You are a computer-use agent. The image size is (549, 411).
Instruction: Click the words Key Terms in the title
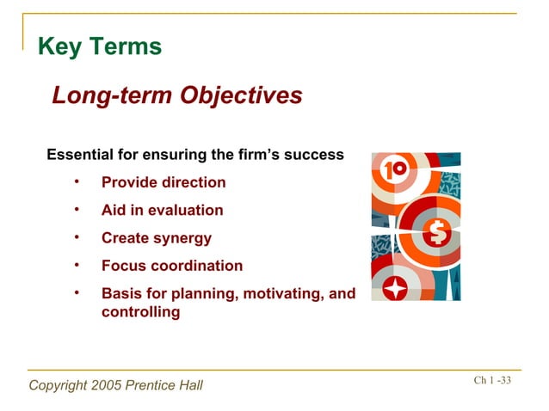(99, 47)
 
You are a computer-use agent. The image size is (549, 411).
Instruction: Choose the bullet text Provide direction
(163, 182)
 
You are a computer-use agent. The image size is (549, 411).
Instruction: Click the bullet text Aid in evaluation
(162, 210)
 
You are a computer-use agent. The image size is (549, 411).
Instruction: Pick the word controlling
(140, 312)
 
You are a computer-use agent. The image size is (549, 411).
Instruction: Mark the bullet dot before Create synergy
(77, 236)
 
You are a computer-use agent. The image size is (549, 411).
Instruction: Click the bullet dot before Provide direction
(77, 181)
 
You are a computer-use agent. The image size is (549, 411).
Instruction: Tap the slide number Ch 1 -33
(491, 381)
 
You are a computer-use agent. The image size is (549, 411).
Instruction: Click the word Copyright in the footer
(58, 385)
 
